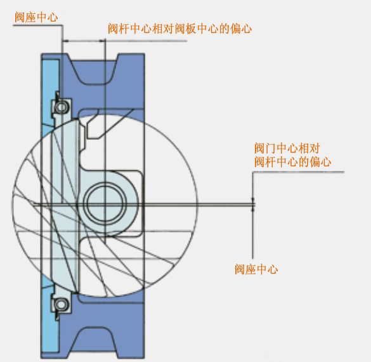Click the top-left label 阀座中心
36,17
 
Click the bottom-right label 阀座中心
256,269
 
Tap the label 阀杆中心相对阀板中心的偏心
180,29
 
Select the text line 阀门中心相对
287,149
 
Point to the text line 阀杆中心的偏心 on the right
293,162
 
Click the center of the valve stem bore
105,203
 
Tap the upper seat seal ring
62,107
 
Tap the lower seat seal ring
62,304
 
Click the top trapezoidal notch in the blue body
94,71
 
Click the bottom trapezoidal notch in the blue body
94,340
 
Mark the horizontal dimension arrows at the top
84,41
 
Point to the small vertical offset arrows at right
253,204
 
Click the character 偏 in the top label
235,29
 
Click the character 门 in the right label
270,149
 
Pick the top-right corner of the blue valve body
145,54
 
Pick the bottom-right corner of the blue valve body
145,358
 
